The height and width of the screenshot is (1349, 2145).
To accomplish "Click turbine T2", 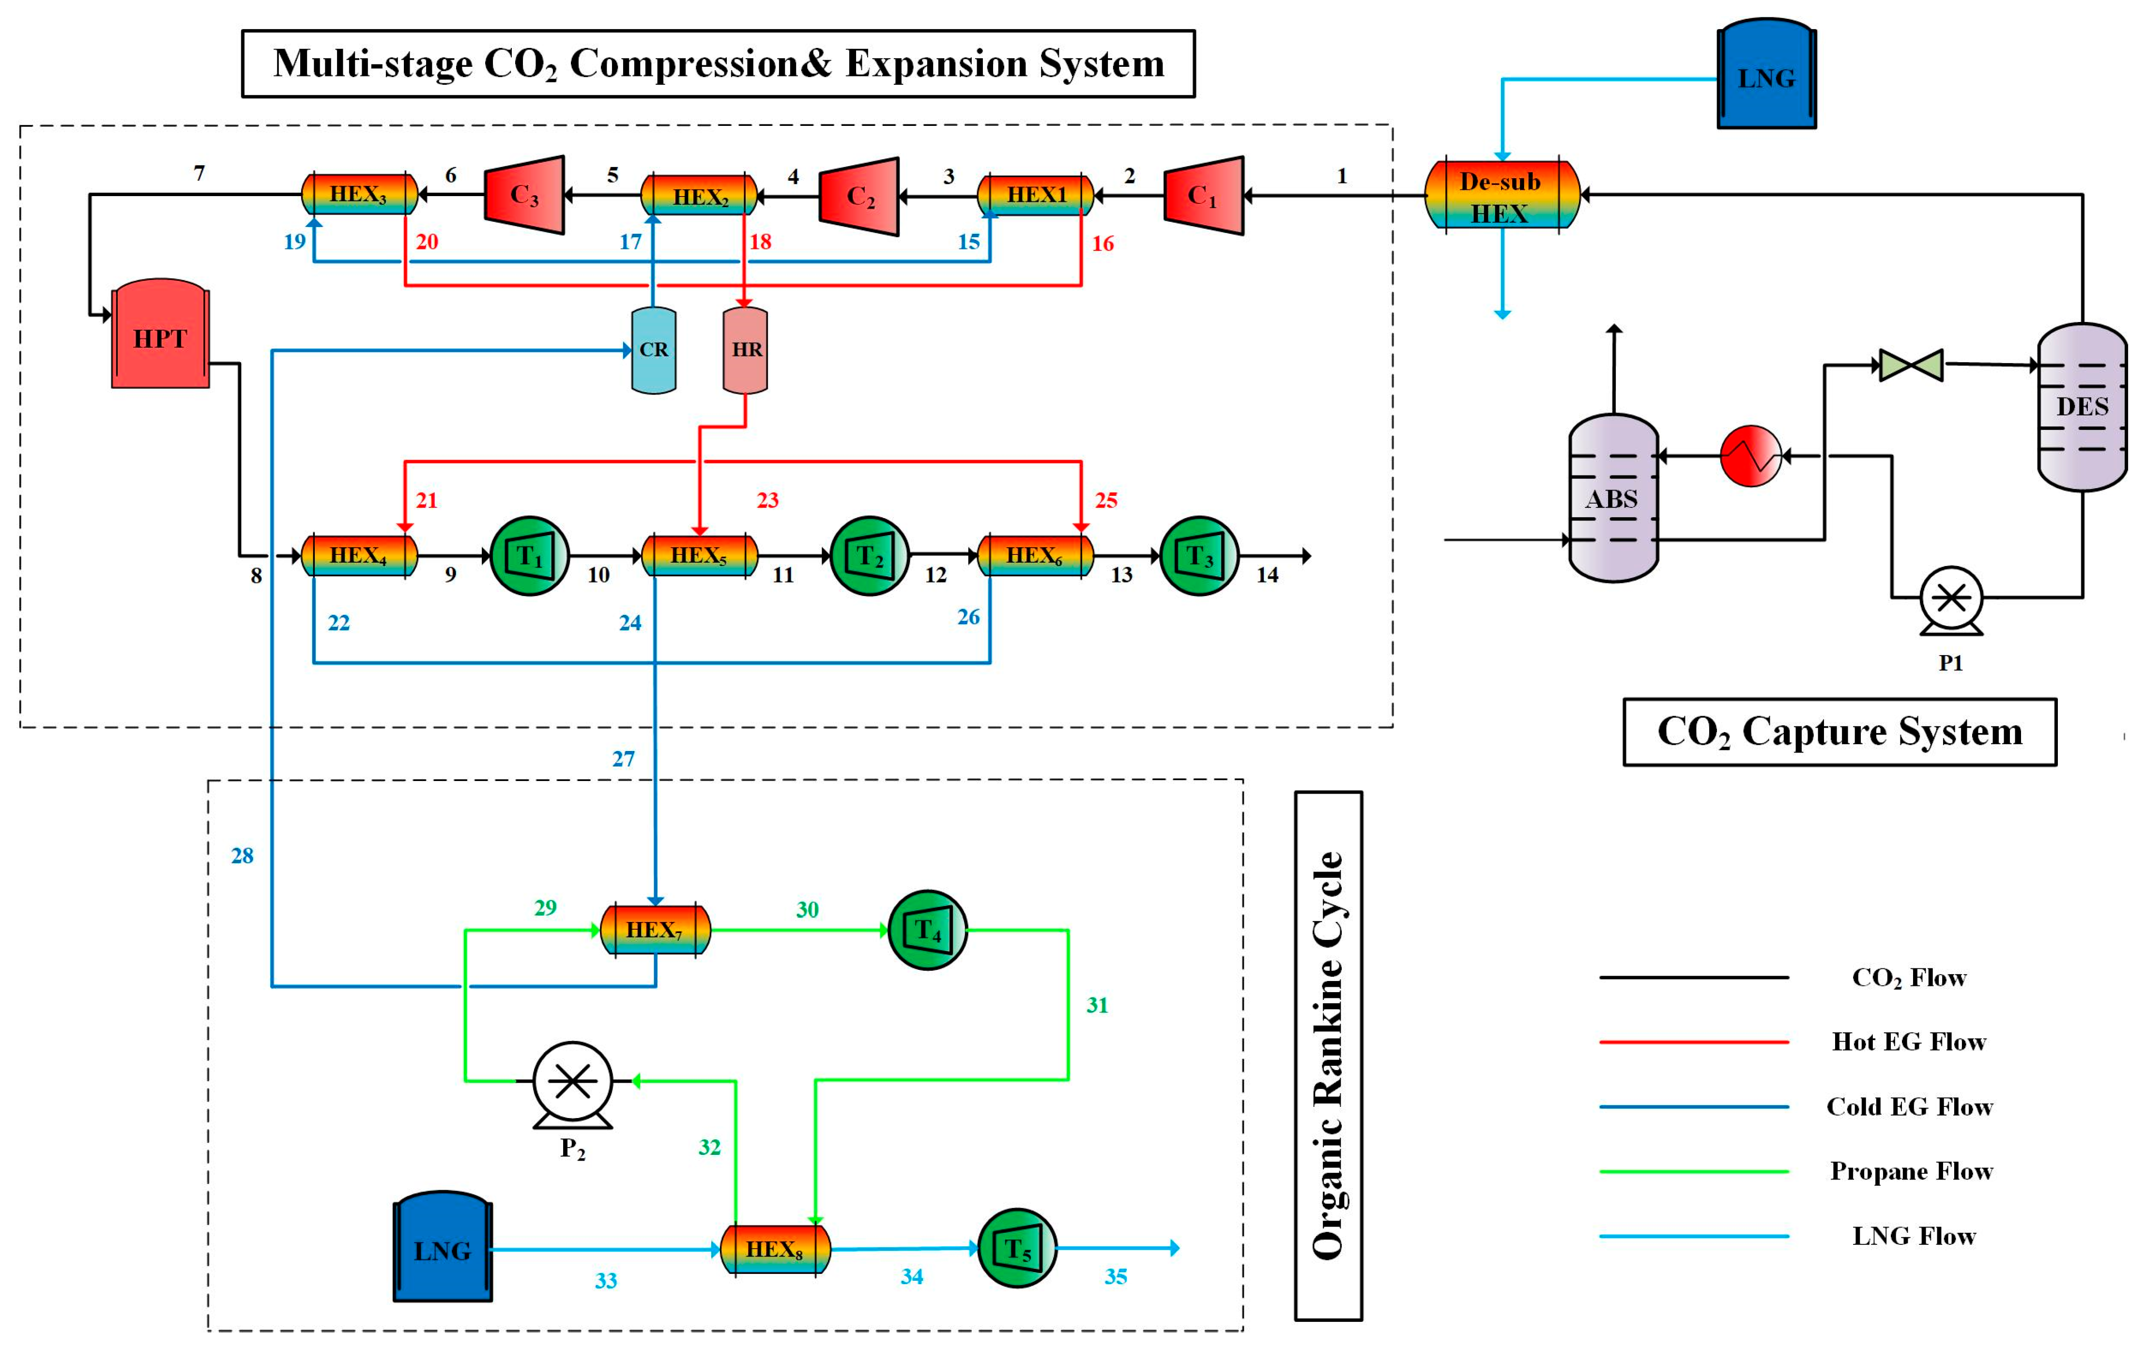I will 870,556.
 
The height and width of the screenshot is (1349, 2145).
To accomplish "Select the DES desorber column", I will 2082,406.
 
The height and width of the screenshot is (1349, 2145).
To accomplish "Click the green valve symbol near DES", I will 1911,365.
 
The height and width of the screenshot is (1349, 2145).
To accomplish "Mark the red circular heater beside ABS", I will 1750,456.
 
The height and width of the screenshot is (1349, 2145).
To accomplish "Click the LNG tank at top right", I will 1766,75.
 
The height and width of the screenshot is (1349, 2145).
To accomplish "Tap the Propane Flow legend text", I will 1911,1171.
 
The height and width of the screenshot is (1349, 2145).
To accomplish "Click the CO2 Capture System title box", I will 1839,732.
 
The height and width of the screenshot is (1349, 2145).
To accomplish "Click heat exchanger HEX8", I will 775,1249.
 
